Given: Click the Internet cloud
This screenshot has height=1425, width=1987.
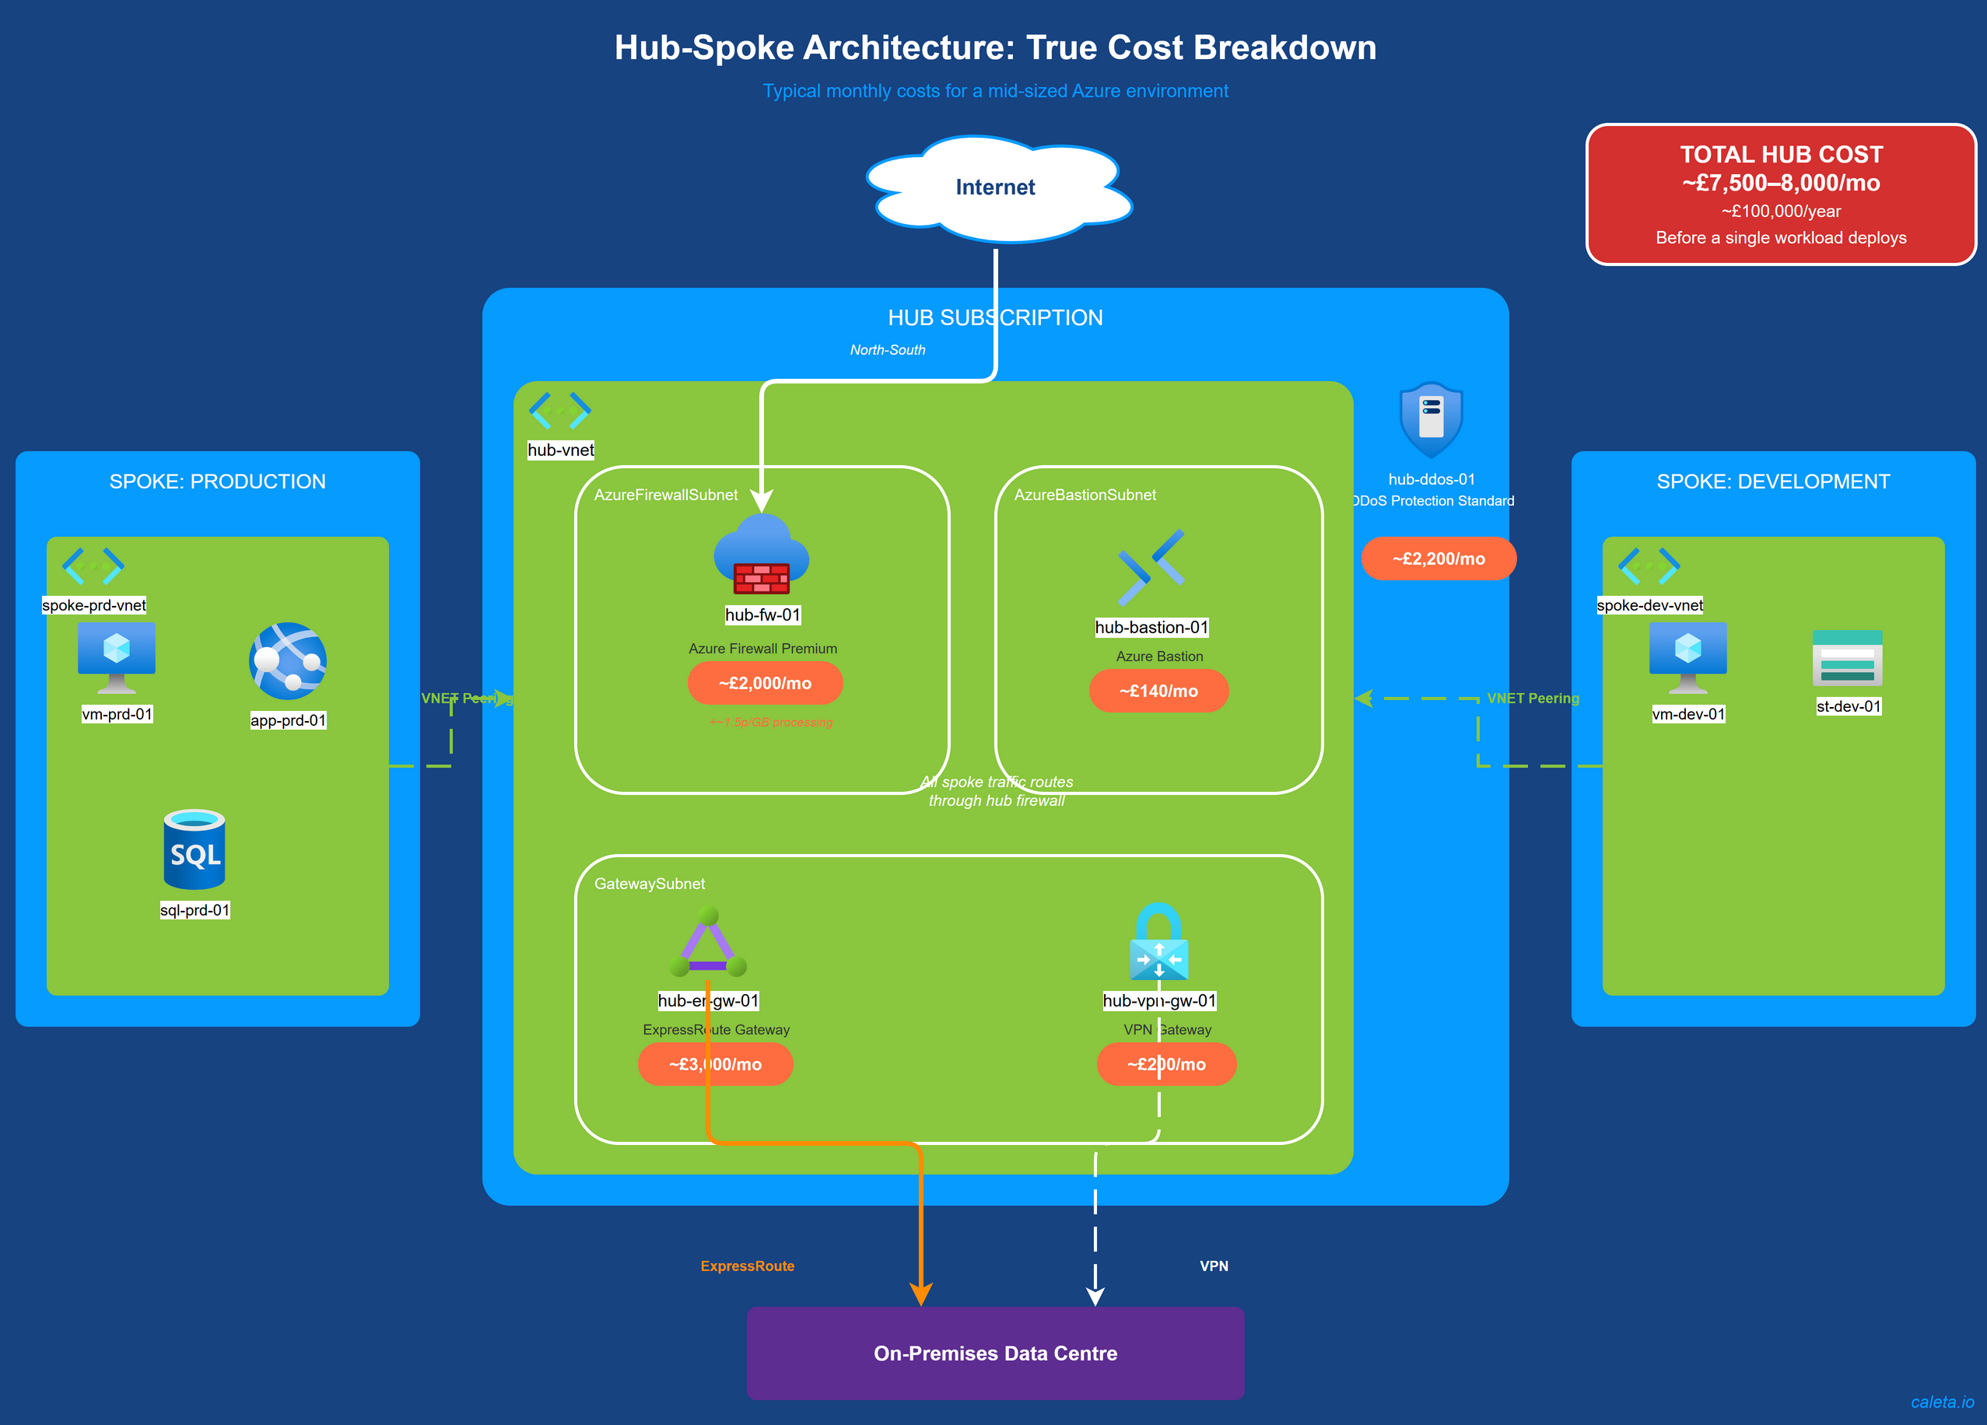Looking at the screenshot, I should (x=995, y=187).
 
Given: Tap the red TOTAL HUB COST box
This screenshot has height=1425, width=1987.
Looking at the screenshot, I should (x=1780, y=194).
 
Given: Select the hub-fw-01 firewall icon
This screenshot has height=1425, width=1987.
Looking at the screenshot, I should (x=762, y=555).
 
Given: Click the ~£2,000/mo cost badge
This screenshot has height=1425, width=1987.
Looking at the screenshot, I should (x=765, y=683).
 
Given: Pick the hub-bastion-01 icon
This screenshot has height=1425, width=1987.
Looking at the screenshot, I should (x=1151, y=568).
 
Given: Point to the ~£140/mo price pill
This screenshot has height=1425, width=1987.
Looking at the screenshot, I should (x=1158, y=691).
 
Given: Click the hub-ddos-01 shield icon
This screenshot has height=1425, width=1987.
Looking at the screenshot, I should (x=1431, y=419).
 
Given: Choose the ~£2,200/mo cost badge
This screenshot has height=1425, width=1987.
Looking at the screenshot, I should (x=1439, y=558).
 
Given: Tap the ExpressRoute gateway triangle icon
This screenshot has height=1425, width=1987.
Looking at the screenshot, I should (x=708, y=944).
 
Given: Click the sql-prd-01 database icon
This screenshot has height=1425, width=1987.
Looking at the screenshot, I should (x=194, y=849).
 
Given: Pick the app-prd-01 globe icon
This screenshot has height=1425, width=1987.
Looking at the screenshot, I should (x=287, y=661).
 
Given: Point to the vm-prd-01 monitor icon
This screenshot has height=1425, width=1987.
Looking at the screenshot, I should (x=117, y=656).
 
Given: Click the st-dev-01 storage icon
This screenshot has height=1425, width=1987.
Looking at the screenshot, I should (x=1847, y=659).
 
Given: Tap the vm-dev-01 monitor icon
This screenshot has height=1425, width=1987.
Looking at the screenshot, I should (x=1687, y=656).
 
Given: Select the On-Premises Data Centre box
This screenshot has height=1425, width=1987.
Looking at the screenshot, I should (x=995, y=1353).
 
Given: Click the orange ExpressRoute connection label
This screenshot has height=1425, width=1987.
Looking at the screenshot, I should (x=748, y=1266).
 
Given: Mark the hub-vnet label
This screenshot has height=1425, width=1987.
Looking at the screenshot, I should (x=561, y=450).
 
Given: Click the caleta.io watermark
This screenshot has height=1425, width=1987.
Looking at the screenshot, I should (x=1943, y=1402).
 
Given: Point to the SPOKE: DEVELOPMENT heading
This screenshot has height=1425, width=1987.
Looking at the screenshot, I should (x=1773, y=481).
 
